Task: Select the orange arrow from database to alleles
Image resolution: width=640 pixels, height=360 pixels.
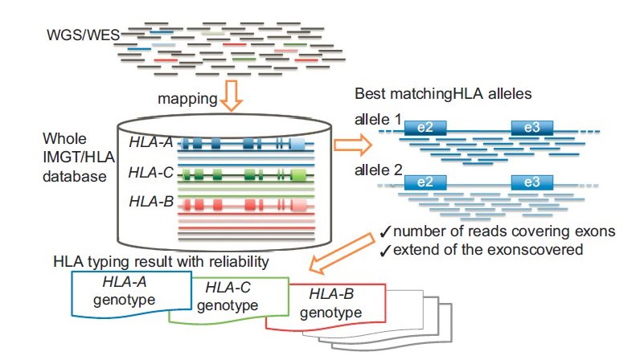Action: click(349, 146)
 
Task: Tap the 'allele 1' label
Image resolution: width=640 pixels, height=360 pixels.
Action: click(375, 119)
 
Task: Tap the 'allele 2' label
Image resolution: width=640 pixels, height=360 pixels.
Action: click(375, 170)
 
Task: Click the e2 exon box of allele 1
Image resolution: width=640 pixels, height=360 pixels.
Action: click(425, 128)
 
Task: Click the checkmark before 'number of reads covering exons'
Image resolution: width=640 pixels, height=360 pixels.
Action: click(384, 232)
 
